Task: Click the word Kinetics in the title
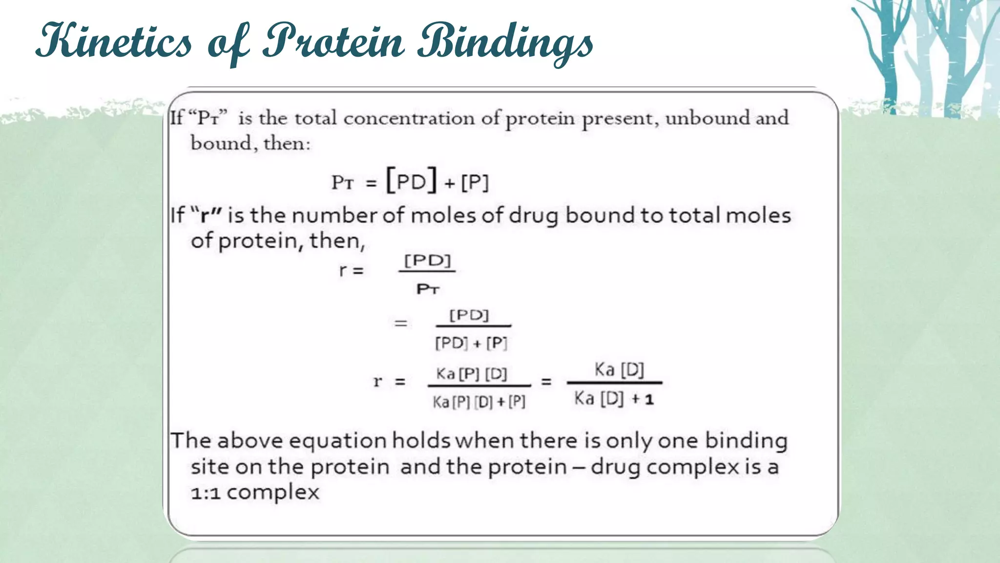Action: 115,42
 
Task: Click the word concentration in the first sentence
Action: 409,119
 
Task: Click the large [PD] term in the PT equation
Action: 412,181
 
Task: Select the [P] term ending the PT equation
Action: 475,183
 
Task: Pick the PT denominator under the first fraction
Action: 428,289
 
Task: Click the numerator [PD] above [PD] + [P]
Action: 469,315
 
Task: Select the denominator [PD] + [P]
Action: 471,343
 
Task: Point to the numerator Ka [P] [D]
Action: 472,374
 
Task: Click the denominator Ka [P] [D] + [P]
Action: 479,402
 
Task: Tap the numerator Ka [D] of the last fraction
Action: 619,370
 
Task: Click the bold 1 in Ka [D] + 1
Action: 649,400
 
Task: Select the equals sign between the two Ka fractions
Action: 546,382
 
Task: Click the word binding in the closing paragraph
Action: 746,441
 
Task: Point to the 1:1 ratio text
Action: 206,493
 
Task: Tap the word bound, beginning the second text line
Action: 221,144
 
